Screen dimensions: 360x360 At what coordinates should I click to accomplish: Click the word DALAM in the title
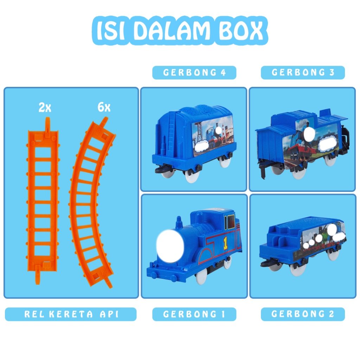pyautogui.click(x=171, y=32)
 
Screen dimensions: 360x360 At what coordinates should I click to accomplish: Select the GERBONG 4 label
pyautogui.click(x=194, y=73)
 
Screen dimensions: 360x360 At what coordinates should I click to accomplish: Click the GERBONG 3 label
pyautogui.click(x=303, y=73)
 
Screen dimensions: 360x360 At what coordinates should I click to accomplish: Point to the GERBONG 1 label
pyautogui.click(x=194, y=314)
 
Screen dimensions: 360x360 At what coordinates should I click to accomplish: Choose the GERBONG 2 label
pyautogui.click(x=303, y=314)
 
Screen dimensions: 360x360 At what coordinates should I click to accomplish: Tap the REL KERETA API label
pyautogui.click(x=71, y=314)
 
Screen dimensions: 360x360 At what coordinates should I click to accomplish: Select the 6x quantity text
pyautogui.click(x=104, y=107)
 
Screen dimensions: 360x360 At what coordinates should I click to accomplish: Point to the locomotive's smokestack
pyautogui.click(x=179, y=224)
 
